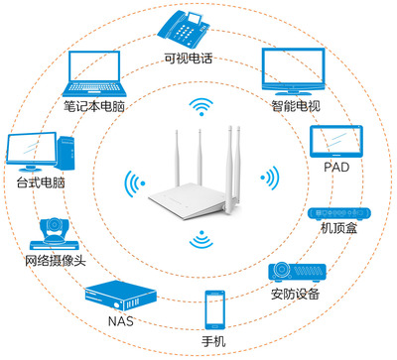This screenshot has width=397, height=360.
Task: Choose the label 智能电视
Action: [x=295, y=103]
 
